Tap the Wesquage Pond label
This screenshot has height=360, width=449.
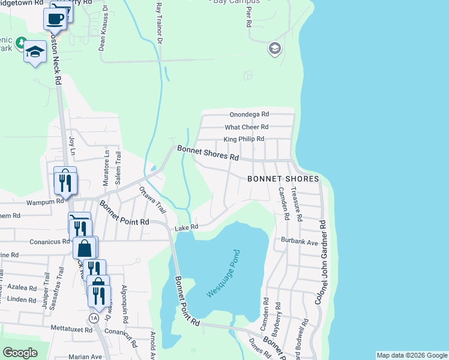click(223, 274)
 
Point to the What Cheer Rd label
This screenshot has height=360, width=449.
click(246, 127)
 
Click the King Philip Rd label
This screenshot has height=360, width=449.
click(244, 139)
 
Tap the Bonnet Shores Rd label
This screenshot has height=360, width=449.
click(207, 152)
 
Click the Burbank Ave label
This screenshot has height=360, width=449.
click(299, 241)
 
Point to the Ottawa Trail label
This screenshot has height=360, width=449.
click(152, 200)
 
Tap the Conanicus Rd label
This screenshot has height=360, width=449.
click(38, 242)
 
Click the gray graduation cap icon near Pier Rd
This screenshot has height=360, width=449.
click(275, 49)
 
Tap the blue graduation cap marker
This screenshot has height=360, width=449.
click(35, 52)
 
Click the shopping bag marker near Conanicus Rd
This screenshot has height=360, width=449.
click(85, 247)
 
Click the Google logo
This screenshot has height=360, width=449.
click(20, 353)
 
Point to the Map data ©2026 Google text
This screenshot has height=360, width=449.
click(411, 355)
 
